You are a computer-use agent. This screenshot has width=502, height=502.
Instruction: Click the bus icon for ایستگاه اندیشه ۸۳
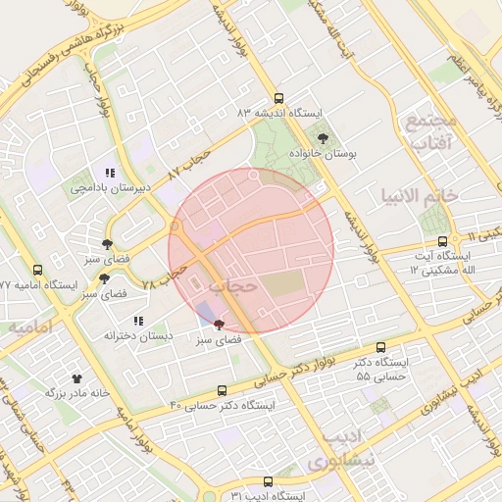[x=278, y=98]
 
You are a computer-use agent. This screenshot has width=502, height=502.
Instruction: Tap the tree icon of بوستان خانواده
[x=323, y=139]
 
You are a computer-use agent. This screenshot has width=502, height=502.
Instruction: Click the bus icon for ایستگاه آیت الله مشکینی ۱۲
[x=443, y=240]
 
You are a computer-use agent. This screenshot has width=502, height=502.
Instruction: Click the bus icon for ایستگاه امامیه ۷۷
[x=38, y=270]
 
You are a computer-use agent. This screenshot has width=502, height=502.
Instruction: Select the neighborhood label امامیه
[x=30, y=326]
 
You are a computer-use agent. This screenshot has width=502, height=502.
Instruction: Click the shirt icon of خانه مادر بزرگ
[x=77, y=376]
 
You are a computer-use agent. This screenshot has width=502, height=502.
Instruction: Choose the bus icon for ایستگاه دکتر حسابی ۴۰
[x=222, y=390]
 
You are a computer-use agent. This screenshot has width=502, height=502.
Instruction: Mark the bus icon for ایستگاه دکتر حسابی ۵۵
[x=381, y=347]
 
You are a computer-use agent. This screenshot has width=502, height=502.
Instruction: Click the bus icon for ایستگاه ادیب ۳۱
[x=269, y=481]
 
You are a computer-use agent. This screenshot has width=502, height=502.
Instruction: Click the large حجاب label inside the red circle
[x=233, y=284]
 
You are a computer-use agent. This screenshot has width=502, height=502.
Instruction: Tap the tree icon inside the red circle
[x=218, y=324]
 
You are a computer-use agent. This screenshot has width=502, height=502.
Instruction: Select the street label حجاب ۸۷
[x=189, y=164]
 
